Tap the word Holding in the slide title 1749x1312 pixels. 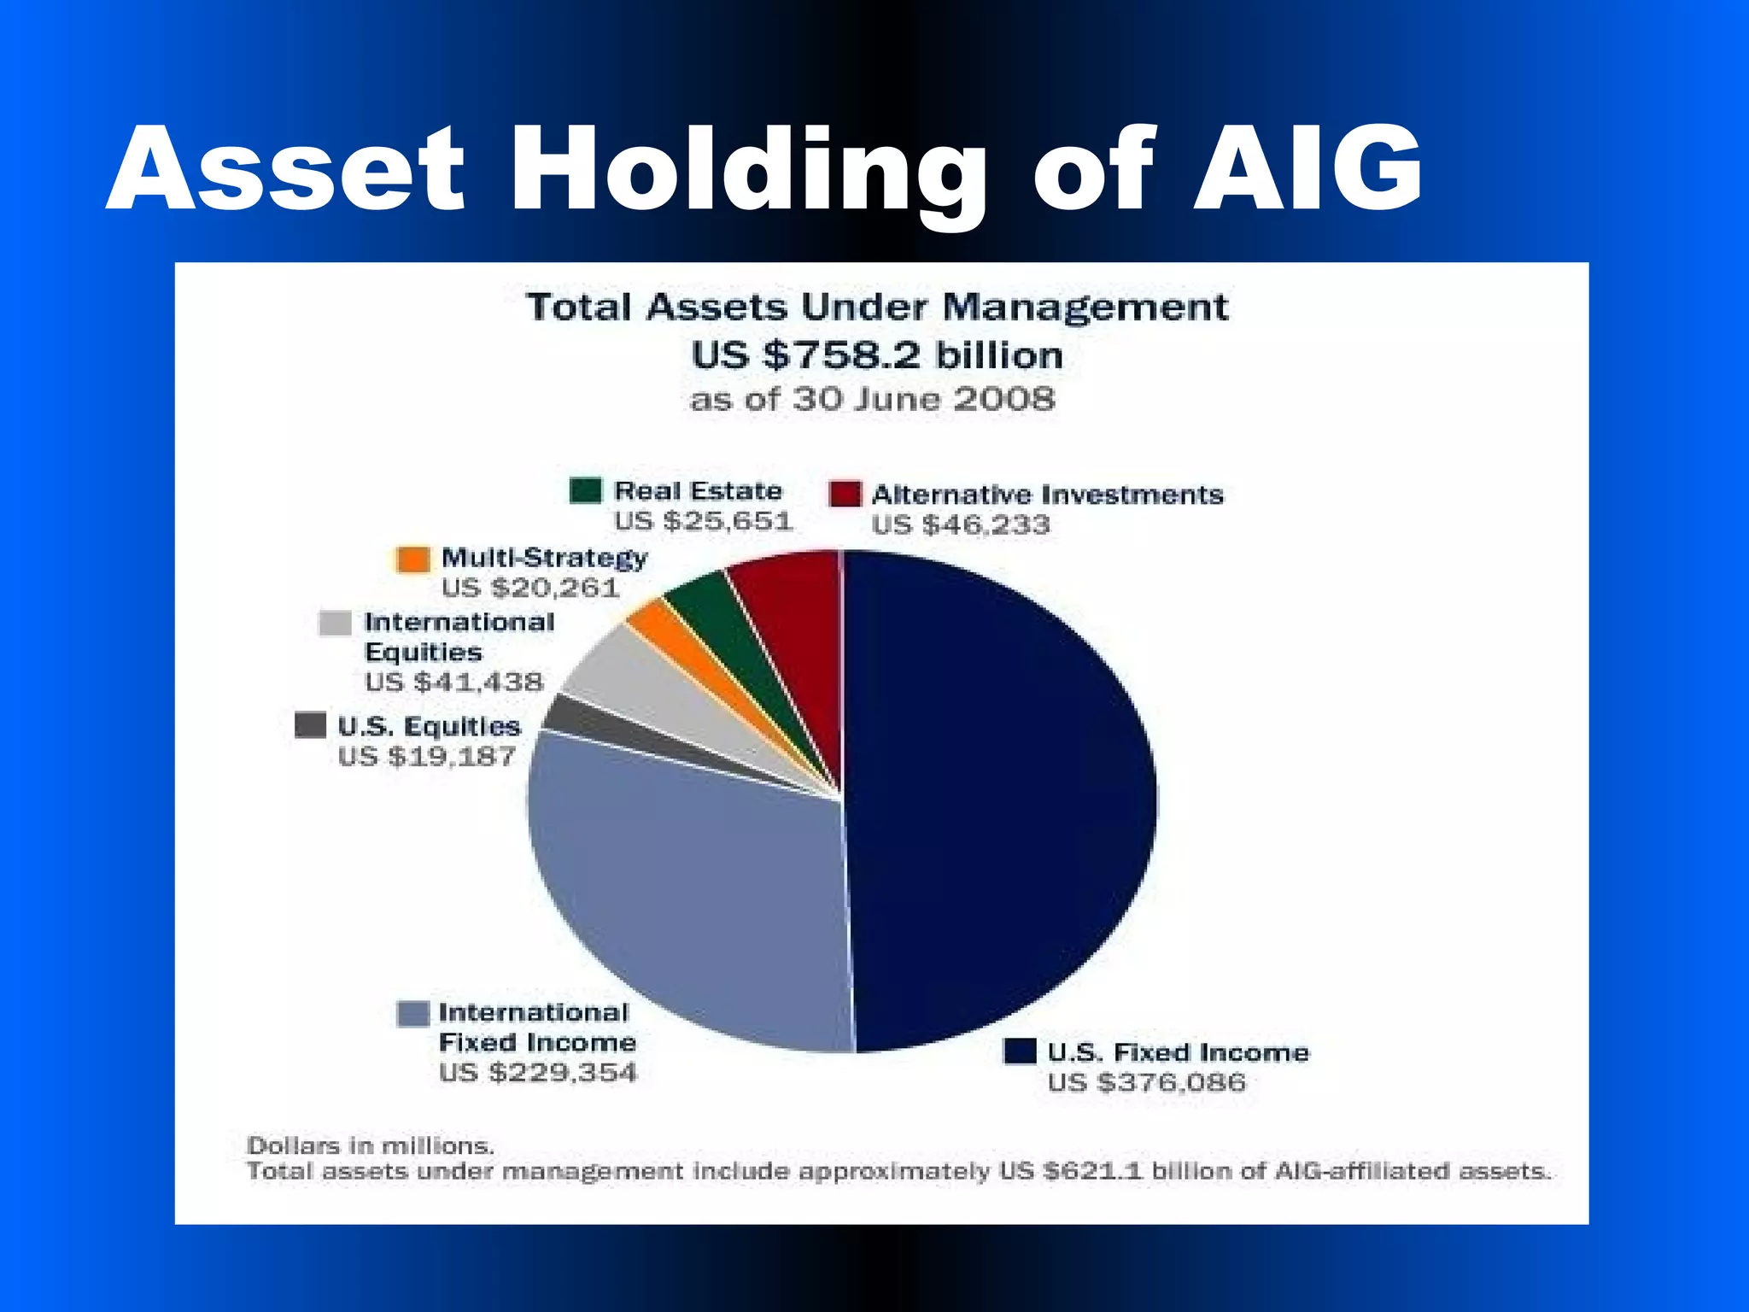pos(747,171)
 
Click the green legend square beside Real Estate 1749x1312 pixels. pos(586,491)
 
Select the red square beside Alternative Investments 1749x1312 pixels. pos(845,495)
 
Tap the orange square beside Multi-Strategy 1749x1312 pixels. pos(413,559)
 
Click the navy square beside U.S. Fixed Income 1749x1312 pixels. pos(1020,1051)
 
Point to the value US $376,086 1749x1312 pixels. pos(1147,1083)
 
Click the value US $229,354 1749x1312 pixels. pos(538,1073)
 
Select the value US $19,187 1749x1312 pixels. pos(427,757)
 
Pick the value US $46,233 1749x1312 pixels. pos(961,524)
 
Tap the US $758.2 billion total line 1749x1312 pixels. pos(877,355)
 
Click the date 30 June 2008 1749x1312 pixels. pos(924,399)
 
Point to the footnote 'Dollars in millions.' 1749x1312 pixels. pos(371,1145)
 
